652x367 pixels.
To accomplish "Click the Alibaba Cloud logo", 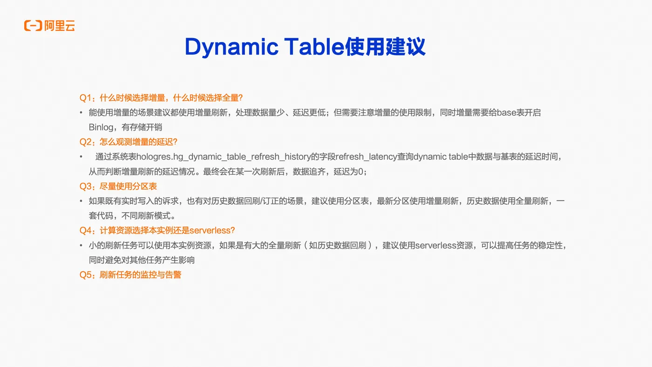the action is pyautogui.click(x=49, y=26).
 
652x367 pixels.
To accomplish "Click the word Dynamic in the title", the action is pyautogui.click(x=232, y=47).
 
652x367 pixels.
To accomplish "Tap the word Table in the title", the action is pyautogui.click(x=314, y=46).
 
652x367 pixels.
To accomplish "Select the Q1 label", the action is pyautogui.click(x=85, y=97).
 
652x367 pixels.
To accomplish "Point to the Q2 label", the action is pyautogui.click(x=86, y=142).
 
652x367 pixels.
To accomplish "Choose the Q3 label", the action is pyautogui.click(x=86, y=186).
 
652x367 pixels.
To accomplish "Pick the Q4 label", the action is pyautogui.click(x=86, y=230).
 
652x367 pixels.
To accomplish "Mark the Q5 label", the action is pyautogui.click(x=86, y=275).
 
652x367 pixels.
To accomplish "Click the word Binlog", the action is pyautogui.click(x=101, y=127).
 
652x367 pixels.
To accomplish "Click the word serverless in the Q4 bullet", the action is pyautogui.click(x=436, y=245).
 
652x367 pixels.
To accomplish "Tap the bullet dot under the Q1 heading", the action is pyautogui.click(x=81, y=112).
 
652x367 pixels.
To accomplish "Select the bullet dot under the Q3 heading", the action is pyautogui.click(x=81, y=201).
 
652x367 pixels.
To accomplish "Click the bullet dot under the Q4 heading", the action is pyautogui.click(x=81, y=245).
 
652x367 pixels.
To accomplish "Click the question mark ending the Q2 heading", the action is pyautogui.click(x=175, y=142).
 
